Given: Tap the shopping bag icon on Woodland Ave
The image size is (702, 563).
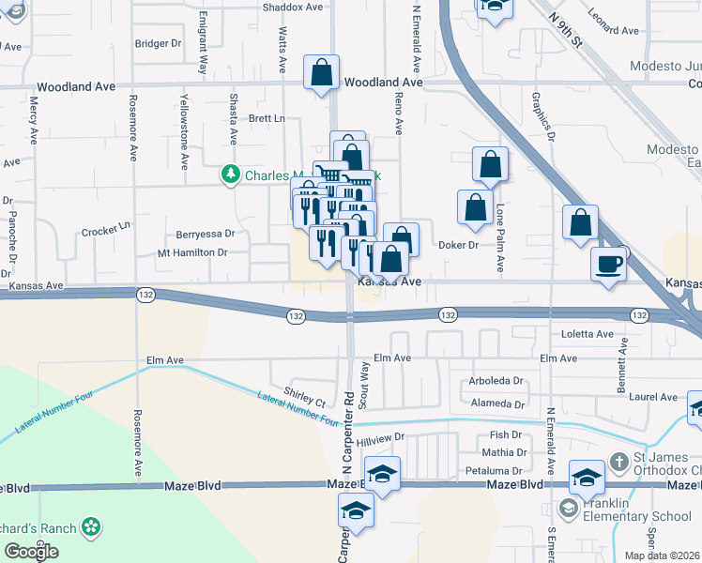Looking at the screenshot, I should pyautogui.click(x=321, y=73).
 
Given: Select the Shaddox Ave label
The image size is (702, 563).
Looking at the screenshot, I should pyautogui.click(x=292, y=7).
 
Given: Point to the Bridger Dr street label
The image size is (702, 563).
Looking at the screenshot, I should pyautogui.click(x=158, y=43).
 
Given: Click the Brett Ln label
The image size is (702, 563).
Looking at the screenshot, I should pyautogui.click(x=267, y=118).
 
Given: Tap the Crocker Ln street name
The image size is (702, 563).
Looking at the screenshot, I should pyautogui.click(x=104, y=230).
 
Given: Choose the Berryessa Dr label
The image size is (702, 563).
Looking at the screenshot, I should pyautogui.click(x=206, y=234).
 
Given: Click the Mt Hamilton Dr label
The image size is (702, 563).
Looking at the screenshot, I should pyautogui.click(x=192, y=252).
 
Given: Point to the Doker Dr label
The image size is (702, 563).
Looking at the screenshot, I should pyautogui.click(x=459, y=245).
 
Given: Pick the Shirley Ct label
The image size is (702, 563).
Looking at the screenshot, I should pyautogui.click(x=304, y=396).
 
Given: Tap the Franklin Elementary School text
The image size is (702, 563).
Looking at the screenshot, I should pyautogui.click(x=638, y=516).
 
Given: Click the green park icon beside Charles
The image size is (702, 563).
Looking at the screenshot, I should pyautogui.click(x=230, y=175).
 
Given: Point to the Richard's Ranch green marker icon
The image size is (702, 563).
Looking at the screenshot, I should pyautogui.click(x=91, y=529).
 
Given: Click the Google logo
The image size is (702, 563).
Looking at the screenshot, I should pyautogui.click(x=32, y=552).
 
